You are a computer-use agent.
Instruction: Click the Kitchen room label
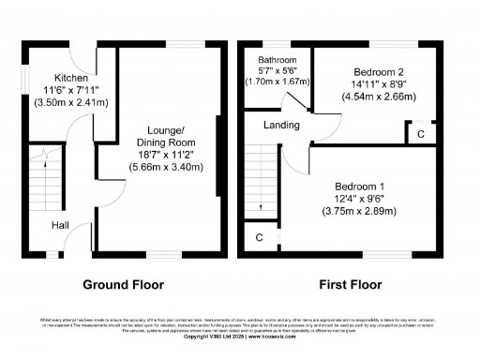[70, 78]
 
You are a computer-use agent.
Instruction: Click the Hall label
[59, 225]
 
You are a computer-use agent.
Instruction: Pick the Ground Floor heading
[124, 284]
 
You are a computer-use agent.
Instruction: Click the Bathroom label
[277, 59]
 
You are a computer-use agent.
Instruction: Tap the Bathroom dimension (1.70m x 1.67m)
[278, 82]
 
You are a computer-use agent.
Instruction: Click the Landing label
[282, 125]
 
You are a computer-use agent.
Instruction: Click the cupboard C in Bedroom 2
[421, 135]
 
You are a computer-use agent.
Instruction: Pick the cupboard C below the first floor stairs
[258, 238]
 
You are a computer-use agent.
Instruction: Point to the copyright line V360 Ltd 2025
[239, 336]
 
